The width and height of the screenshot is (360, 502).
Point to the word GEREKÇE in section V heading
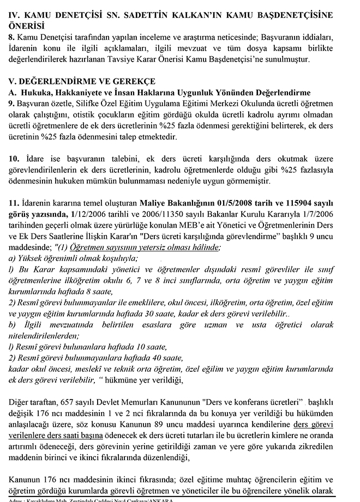pyautogui.click(x=134, y=81)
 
